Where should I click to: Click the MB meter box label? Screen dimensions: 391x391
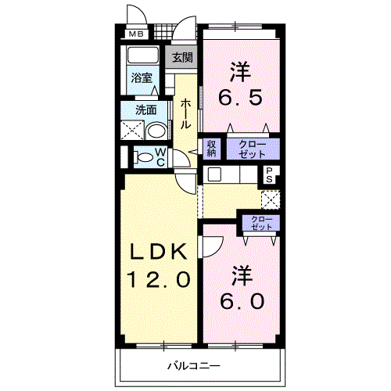coord(136,34)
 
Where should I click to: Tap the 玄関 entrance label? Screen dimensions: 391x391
coord(182,57)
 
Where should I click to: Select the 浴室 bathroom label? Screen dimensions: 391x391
coord(142,77)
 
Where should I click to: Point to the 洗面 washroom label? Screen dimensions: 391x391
coord(146,110)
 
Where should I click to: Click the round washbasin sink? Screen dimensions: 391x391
coord(156,131)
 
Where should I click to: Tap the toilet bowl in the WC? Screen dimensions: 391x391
coord(144,157)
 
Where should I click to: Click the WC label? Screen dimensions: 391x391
coord(161,157)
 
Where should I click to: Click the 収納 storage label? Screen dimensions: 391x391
coord(211,149)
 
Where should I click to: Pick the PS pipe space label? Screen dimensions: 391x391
coord(269,174)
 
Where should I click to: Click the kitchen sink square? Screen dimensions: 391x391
coord(214,174)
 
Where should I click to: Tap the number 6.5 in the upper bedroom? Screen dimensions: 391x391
coord(240,98)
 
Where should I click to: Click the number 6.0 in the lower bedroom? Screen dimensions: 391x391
coord(242,301)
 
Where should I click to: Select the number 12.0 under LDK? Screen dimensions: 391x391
coord(159,279)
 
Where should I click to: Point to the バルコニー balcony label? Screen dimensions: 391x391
coord(194,366)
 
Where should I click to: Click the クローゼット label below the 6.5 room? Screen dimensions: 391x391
coord(253,149)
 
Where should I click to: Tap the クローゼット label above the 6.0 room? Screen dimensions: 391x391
coord(261,223)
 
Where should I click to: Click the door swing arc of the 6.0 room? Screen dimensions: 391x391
coord(218,249)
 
